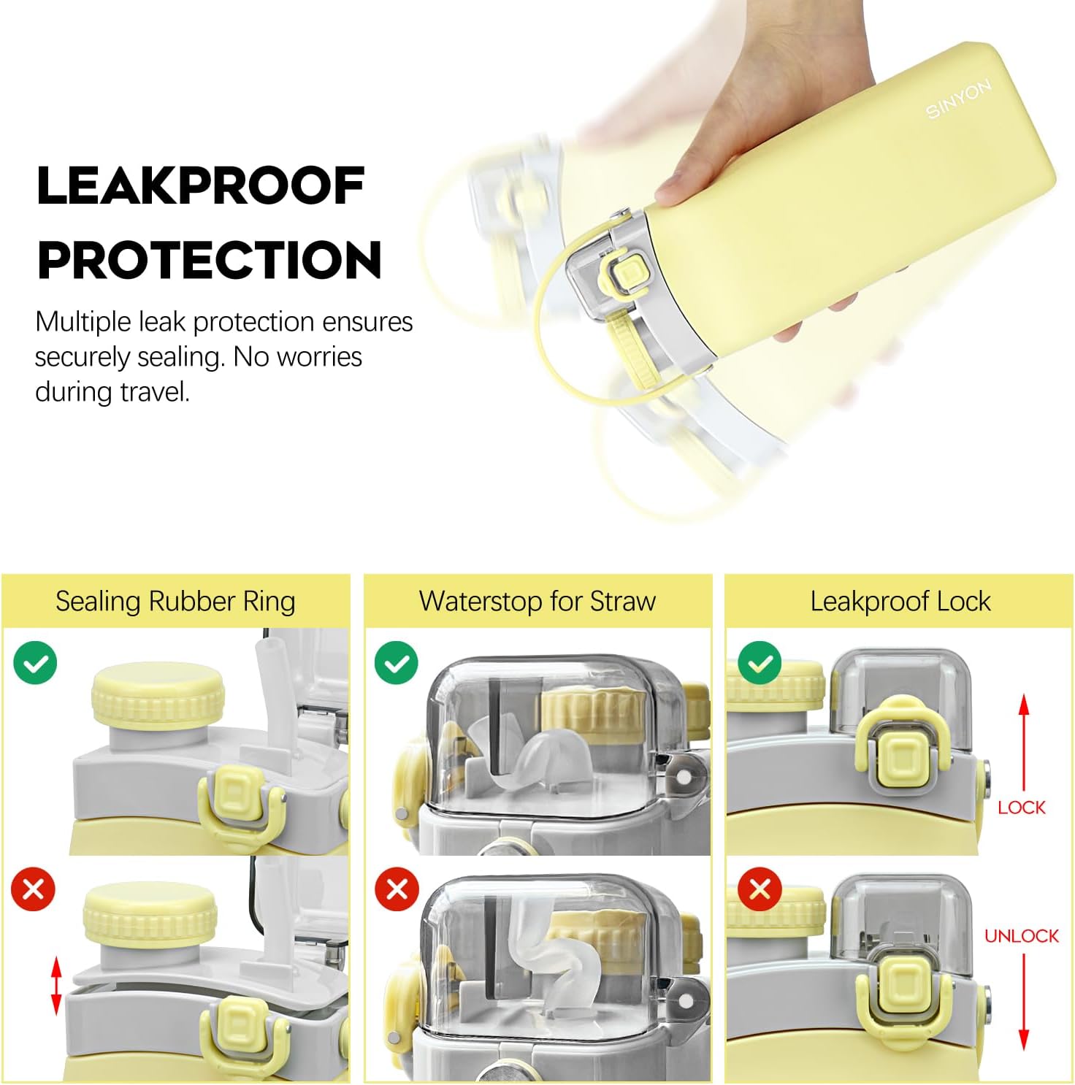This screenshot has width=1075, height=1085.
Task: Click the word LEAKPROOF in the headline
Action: click(201, 185)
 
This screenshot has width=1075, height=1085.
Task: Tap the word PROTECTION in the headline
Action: click(210, 260)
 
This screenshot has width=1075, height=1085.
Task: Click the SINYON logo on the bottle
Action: click(959, 99)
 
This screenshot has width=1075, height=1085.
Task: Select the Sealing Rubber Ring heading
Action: click(175, 602)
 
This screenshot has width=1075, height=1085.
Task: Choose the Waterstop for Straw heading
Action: click(537, 602)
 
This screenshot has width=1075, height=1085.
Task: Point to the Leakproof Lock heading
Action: click(900, 602)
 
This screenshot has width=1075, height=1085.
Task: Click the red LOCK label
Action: click(1022, 808)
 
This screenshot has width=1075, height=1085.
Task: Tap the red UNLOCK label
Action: click(1022, 936)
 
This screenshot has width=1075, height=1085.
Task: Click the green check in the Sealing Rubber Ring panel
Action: click(35, 662)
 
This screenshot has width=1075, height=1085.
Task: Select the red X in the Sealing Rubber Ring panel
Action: click(34, 889)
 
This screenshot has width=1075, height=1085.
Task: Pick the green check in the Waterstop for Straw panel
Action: click(397, 662)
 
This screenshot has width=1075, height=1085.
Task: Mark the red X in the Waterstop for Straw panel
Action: click(397, 889)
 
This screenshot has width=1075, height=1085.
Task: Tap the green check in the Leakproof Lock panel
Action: click(760, 662)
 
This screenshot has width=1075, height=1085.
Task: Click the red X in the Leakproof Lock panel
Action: click(760, 889)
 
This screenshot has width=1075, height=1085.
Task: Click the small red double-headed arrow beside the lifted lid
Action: click(56, 985)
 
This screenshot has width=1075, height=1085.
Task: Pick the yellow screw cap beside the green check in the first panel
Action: click(158, 694)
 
